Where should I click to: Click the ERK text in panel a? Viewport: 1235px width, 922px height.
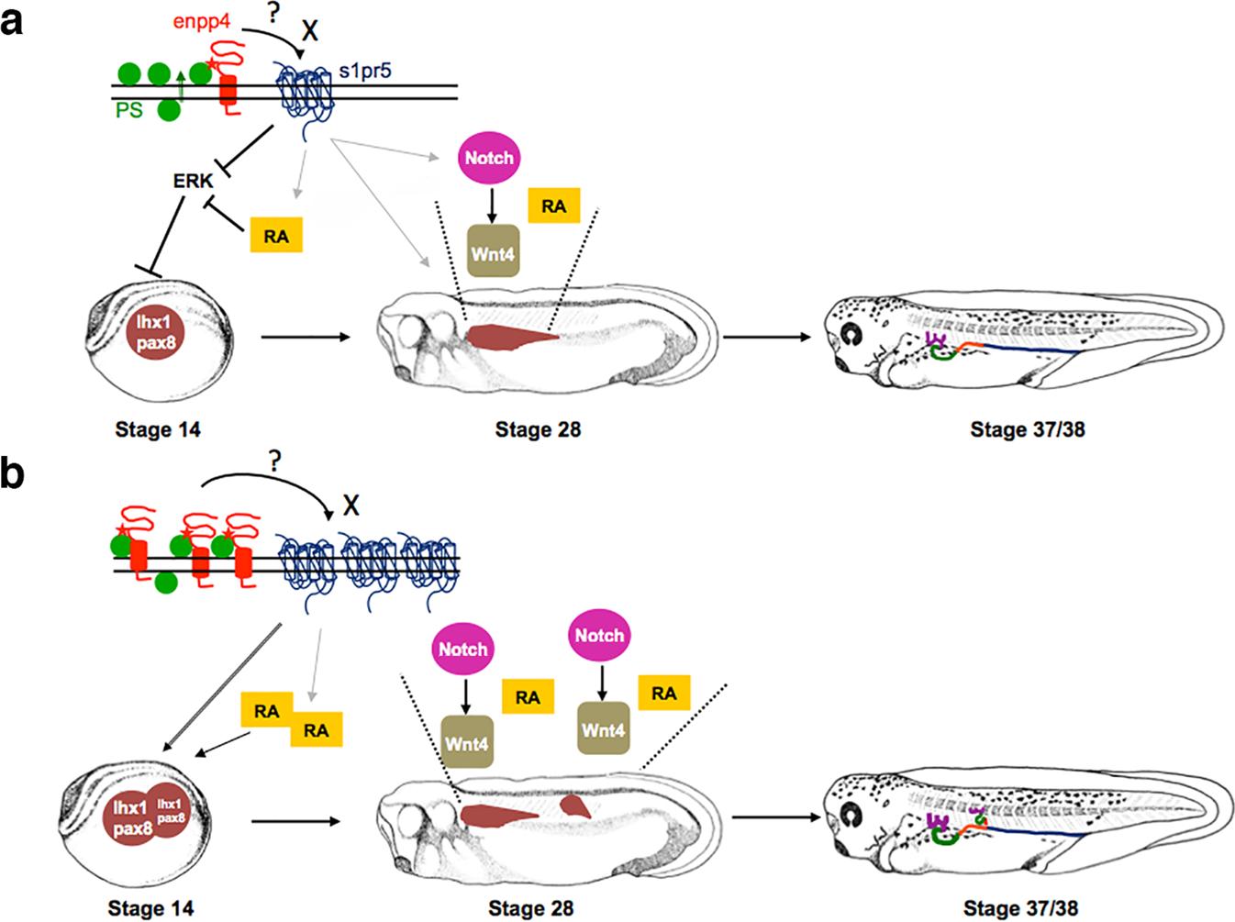[x=192, y=181]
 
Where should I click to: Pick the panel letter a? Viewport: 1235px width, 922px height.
[x=13, y=19]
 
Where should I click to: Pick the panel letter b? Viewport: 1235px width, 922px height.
[x=14, y=480]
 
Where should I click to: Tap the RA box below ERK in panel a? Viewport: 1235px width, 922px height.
[x=275, y=236]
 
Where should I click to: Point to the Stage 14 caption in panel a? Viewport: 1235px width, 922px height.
[x=157, y=428]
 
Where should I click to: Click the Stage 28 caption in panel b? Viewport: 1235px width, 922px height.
[x=531, y=908]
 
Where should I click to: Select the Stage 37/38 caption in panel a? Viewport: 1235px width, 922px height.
[x=1028, y=428]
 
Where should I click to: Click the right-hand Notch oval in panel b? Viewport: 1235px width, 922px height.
[x=599, y=635]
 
